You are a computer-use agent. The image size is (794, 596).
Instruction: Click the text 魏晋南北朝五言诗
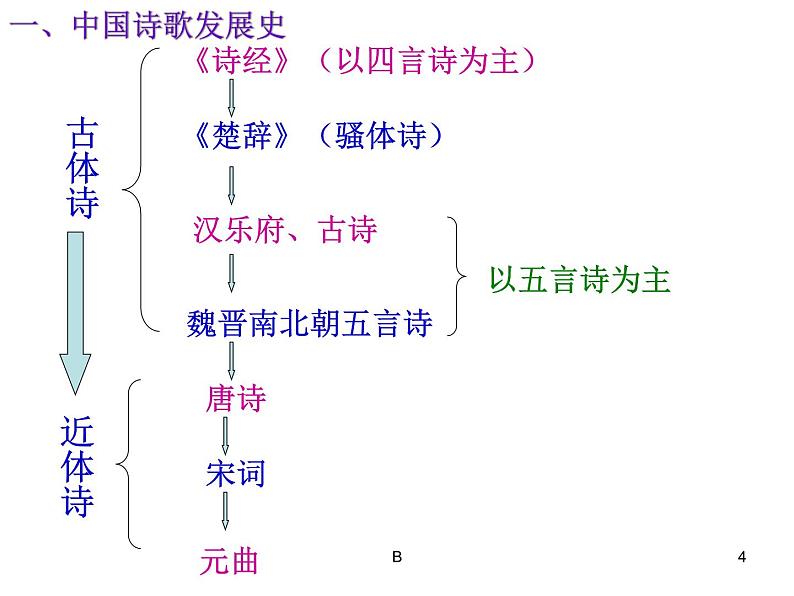(x=309, y=322)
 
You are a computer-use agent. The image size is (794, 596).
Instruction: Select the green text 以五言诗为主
(x=579, y=280)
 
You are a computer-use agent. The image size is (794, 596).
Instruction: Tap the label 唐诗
(x=235, y=399)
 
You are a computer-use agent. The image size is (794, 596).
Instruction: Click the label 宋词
(x=235, y=472)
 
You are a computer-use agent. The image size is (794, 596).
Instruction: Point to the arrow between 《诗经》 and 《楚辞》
(x=232, y=98)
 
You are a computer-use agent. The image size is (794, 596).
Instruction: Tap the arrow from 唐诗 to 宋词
(x=226, y=436)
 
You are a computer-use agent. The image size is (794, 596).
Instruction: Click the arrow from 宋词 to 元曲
(x=226, y=511)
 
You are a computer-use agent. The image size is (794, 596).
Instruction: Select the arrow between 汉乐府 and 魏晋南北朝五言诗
(x=232, y=273)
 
